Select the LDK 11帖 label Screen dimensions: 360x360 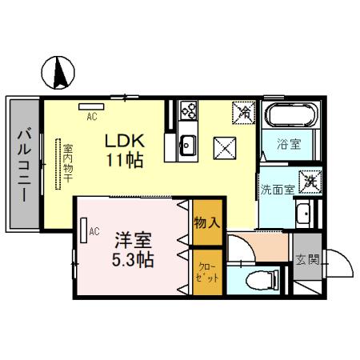124,149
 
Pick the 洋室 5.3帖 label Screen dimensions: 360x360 133,249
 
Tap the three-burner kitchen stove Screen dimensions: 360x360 189,111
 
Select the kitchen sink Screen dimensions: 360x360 189,145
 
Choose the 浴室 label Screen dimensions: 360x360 289,145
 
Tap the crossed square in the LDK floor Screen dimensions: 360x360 223,147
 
